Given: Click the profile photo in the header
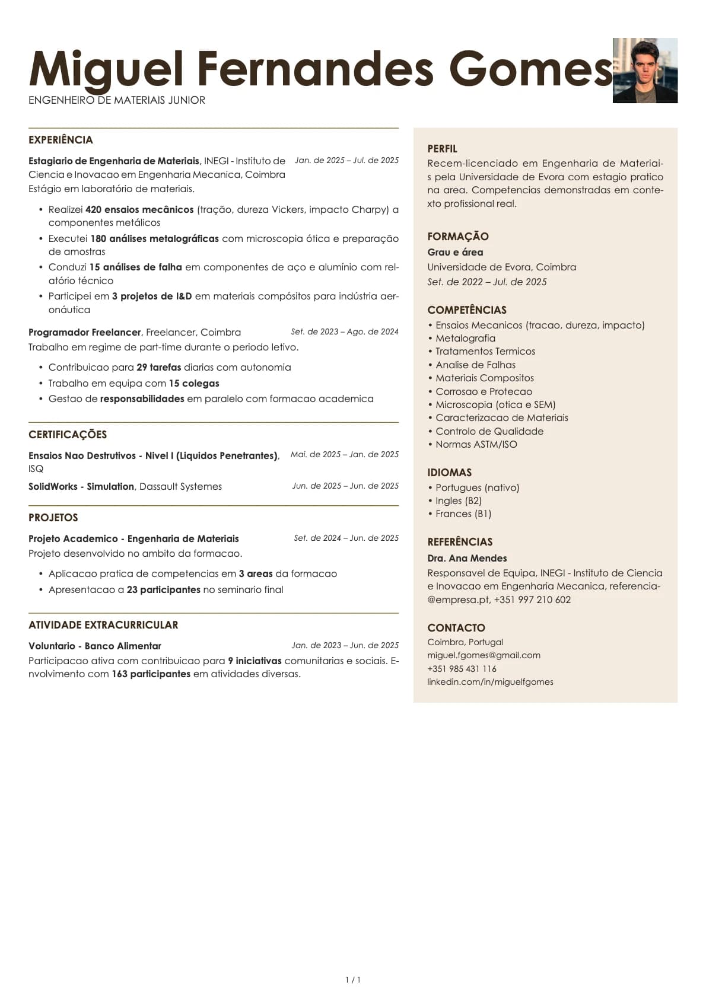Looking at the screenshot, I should click(645, 71).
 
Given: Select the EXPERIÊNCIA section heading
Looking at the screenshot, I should click(61, 140).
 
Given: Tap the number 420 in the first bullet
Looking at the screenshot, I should click(93, 209).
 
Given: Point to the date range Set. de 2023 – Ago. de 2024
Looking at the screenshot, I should click(344, 332).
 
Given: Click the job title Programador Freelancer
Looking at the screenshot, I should click(85, 333).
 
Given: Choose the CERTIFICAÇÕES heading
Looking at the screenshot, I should click(68, 435).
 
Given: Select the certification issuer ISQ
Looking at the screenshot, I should click(36, 469).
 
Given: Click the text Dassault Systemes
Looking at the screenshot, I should click(180, 487).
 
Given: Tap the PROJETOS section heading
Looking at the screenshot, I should click(53, 518).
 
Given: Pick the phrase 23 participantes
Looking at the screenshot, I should click(163, 590).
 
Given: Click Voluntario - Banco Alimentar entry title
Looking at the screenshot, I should click(95, 646).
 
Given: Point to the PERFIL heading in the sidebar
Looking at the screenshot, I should click(442, 149).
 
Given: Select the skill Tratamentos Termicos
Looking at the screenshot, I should click(485, 352).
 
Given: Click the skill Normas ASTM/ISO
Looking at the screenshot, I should click(476, 445).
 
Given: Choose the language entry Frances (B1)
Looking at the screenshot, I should click(463, 514).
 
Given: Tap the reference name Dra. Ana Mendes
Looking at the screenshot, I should click(467, 559).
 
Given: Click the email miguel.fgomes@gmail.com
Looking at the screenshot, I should click(484, 656).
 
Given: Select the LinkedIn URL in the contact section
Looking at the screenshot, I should click(490, 683).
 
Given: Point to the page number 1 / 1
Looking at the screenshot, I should click(353, 980).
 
